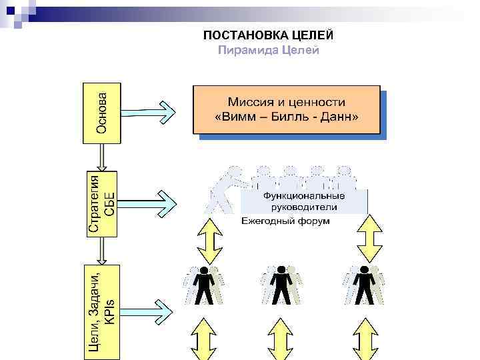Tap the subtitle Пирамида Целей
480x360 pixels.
tap(269, 51)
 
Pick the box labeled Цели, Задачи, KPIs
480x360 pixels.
tap(102, 304)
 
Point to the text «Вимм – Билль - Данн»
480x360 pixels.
tap(287, 117)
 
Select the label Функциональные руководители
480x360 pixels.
tap(303, 201)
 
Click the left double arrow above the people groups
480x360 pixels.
tap(209, 240)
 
